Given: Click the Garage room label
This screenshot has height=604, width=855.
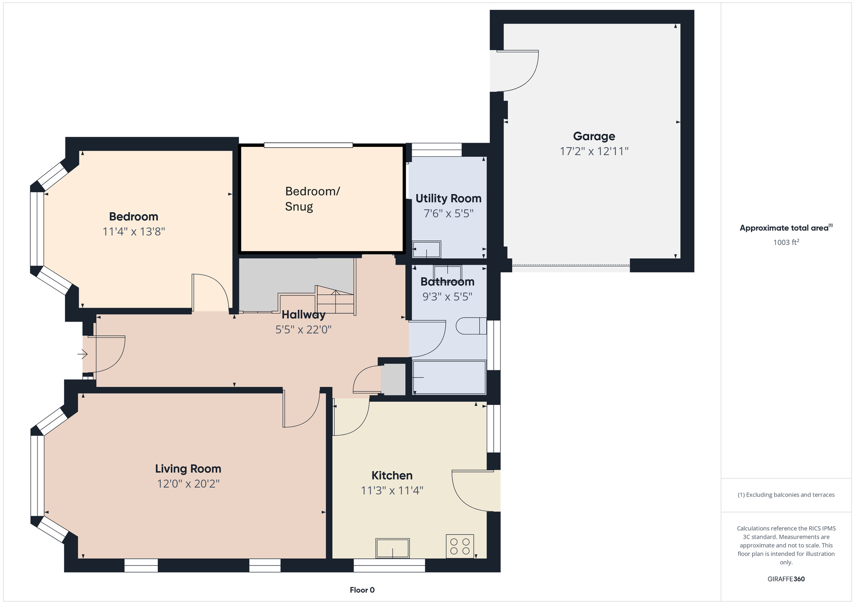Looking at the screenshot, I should pos(594,136).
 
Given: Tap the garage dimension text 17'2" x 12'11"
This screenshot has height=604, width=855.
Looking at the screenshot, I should pos(594,151).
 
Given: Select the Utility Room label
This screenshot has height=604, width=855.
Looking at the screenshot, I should pos(448,199).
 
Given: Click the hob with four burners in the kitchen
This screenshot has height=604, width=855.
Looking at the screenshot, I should pos(460,546).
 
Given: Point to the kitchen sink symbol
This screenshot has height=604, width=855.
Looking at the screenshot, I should pos(392,548).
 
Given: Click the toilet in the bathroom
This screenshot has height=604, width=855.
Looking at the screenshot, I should pos(471,326).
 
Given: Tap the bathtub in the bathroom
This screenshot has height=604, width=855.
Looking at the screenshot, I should pos(449,377).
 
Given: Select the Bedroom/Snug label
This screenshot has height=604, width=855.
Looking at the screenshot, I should pos(312,199).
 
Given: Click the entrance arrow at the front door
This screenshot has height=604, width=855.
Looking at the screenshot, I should pos(83,354).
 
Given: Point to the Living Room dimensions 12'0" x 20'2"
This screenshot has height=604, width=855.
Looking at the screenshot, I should pos(188,484).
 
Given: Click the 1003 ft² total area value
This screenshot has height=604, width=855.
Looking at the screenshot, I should pos(786,242).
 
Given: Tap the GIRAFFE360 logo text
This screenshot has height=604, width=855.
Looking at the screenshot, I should pos(786,579).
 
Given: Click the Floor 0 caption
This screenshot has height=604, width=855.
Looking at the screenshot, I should pos(362,590).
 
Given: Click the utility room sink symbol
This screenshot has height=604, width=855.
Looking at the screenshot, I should pos(426,249).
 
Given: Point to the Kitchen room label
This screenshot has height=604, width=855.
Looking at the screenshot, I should pos(392,475).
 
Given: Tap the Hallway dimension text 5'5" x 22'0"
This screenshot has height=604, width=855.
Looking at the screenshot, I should pos(303,329).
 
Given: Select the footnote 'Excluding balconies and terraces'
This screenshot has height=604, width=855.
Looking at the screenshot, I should pos(786,495).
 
